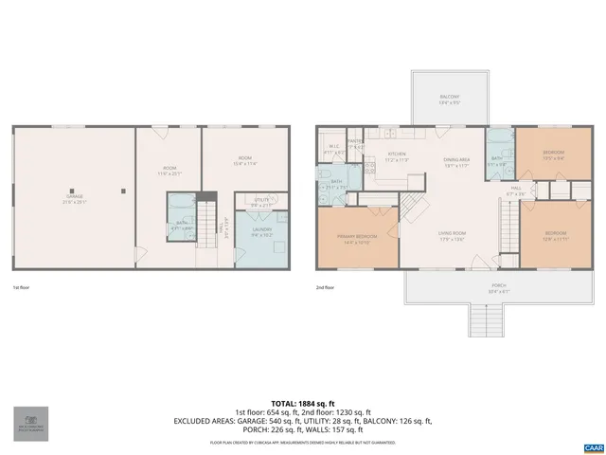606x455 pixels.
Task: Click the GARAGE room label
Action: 74,199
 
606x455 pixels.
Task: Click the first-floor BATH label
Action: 180,225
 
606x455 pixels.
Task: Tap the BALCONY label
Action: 449,99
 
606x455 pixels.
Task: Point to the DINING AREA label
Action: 456,160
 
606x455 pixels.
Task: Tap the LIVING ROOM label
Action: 452,234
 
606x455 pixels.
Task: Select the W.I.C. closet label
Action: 333,147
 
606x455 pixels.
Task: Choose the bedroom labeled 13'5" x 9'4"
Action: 554,154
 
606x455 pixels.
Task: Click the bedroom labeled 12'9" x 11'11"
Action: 556,234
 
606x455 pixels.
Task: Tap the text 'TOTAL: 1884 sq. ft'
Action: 303,402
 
